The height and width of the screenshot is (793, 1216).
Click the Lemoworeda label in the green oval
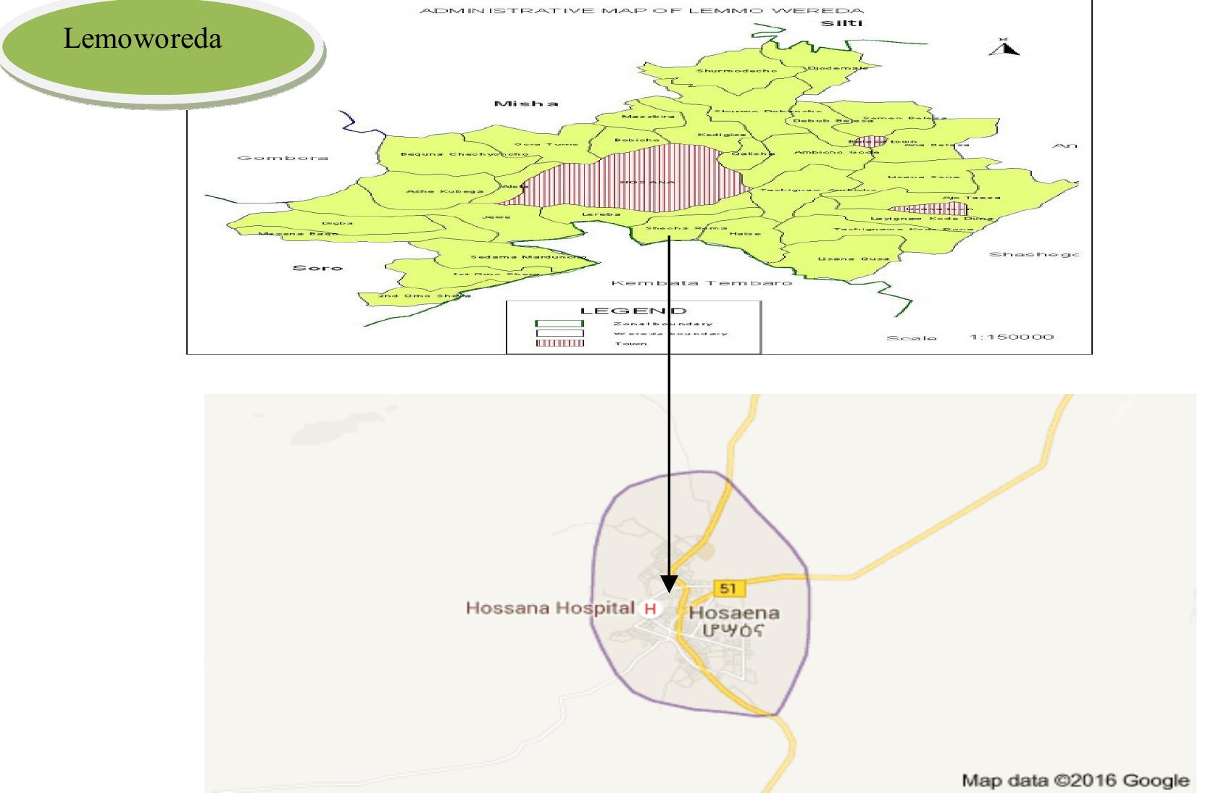pyautogui.click(x=142, y=38)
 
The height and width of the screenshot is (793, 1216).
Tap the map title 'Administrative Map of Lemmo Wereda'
pyautogui.click(x=641, y=11)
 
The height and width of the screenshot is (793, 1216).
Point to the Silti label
pyautogui.click(x=841, y=24)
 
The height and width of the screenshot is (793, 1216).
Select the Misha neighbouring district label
pyautogui.click(x=526, y=104)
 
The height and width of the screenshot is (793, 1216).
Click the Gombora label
pyautogui.click(x=283, y=158)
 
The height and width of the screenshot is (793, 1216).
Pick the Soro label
pyautogui.click(x=317, y=268)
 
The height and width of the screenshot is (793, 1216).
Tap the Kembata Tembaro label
pyautogui.click(x=701, y=282)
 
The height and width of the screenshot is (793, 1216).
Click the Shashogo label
pyautogui.click(x=1033, y=255)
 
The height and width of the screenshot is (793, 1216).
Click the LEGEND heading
pyautogui.click(x=633, y=311)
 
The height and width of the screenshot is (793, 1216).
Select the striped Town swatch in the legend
pyautogui.click(x=559, y=343)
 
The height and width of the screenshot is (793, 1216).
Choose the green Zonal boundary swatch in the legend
pyautogui.click(x=559, y=324)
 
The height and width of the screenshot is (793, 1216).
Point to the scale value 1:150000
pyautogui.click(x=1011, y=337)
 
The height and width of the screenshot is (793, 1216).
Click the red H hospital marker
pyautogui.click(x=650, y=608)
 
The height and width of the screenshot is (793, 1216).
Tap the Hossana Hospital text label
pyautogui.click(x=550, y=608)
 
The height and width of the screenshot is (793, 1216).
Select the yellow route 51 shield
pyautogui.click(x=728, y=588)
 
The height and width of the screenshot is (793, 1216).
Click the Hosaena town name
pyautogui.click(x=733, y=613)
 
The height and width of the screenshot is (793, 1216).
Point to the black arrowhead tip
pyautogui.click(x=669, y=590)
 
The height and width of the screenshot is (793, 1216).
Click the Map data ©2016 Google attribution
pyautogui.click(x=1075, y=781)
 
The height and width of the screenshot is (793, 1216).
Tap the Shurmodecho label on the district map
pyautogui.click(x=736, y=71)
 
